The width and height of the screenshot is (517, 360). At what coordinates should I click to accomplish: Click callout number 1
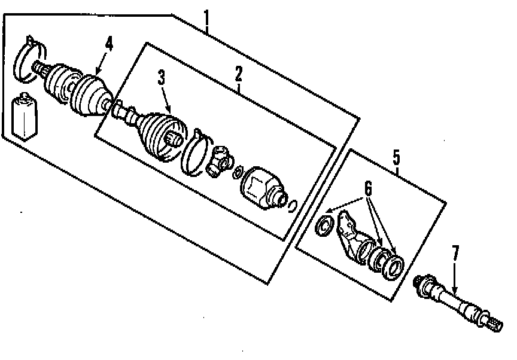point(206,22)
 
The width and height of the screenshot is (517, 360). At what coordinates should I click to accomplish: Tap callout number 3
point(161,78)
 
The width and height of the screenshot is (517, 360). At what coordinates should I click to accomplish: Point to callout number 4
point(108,44)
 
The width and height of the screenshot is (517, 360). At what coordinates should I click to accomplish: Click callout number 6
point(368,188)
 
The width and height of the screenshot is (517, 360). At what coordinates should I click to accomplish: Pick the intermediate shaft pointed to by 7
point(455,298)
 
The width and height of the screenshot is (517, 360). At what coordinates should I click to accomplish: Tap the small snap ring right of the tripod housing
point(293,206)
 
